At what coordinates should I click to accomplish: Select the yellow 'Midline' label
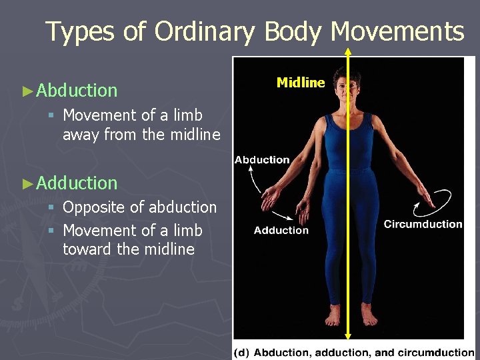[x=301, y=83]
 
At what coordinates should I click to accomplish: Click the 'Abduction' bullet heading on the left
[x=77, y=90]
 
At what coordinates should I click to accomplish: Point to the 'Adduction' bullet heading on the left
[x=77, y=183]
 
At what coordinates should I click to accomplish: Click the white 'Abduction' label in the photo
[x=262, y=160]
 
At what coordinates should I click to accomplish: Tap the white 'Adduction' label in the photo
[x=281, y=231]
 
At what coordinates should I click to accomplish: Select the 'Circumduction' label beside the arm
[x=423, y=224]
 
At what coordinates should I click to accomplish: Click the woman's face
[x=348, y=86]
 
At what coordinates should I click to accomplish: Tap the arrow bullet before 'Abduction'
[x=28, y=91]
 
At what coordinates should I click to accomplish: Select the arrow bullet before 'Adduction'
[x=28, y=183]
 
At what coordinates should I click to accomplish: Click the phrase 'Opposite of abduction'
[x=139, y=207]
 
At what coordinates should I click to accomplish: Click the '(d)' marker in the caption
[x=242, y=352]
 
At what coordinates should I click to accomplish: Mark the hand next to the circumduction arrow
[x=422, y=193]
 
